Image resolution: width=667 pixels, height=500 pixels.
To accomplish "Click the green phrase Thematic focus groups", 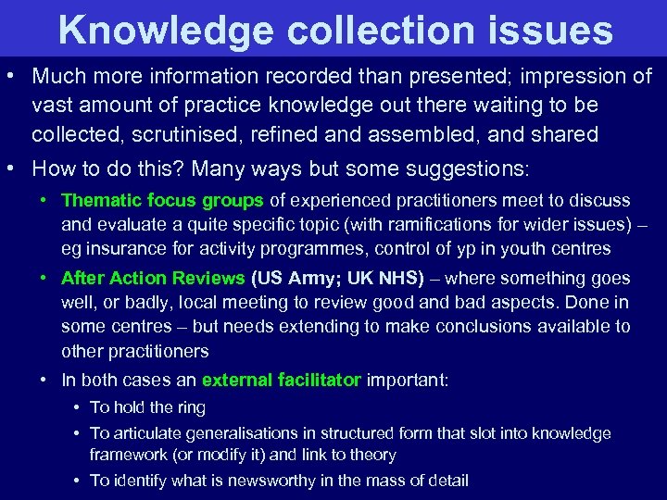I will pyautogui.click(x=163, y=200).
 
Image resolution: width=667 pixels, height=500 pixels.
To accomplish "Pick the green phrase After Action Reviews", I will pyautogui.click(x=153, y=278).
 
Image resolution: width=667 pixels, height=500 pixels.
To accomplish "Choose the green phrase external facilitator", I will pyautogui.click(x=281, y=380).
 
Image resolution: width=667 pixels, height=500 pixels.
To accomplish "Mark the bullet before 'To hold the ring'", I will pyautogui.click(x=74, y=407).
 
